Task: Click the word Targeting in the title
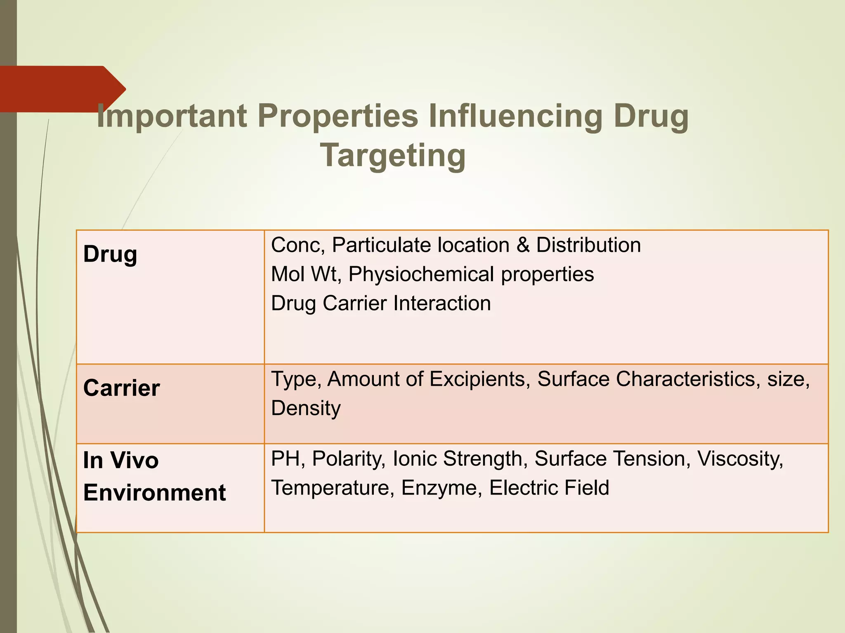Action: [x=393, y=155]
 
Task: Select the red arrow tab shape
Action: [x=62, y=89]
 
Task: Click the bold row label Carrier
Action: [x=121, y=388]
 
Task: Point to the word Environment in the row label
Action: [x=154, y=492]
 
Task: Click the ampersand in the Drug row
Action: [x=523, y=245]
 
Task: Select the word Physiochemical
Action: [x=421, y=274]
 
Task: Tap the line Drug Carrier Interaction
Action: [x=380, y=303]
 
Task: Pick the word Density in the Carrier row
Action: [x=306, y=408]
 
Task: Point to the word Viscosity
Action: [x=740, y=459]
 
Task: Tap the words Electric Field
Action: [x=549, y=488]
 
